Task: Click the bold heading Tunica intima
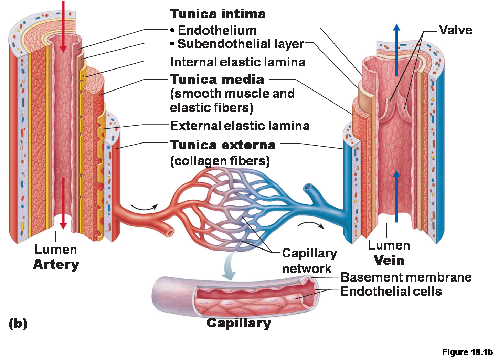pyautogui.click(x=218, y=14)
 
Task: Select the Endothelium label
pyautogui.click(x=217, y=30)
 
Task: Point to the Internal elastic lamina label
pyautogui.click(x=238, y=62)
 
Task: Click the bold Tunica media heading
pyautogui.click(x=217, y=79)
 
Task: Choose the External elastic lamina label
pyautogui.click(x=240, y=126)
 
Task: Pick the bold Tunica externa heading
pyautogui.click(x=223, y=145)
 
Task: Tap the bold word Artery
pyautogui.click(x=56, y=265)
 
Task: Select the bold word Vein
pyautogui.click(x=389, y=260)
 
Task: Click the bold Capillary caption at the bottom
pyautogui.click(x=239, y=323)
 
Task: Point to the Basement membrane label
pyautogui.click(x=406, y=277)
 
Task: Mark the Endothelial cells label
pyautogui.click(x=391, y=291)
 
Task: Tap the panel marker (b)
pyautogui.click(x=18, y=324)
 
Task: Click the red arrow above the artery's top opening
pyautogui.click(x=63, y=27)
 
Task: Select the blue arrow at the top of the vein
pyautogui.click(x=396, y=50)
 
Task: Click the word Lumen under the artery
pyautogui.click(x=56, y=249)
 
